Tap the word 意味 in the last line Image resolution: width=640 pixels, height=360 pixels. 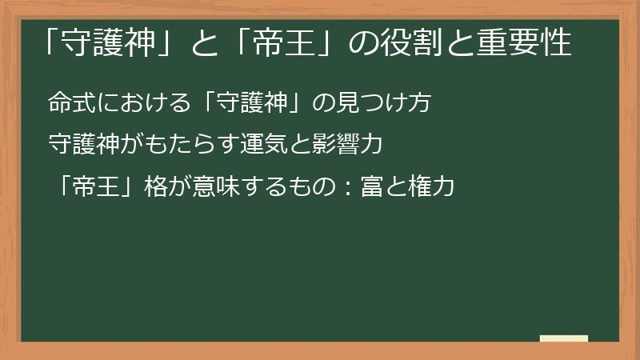click(210, 187)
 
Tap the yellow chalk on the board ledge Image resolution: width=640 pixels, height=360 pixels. click(563, 338)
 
